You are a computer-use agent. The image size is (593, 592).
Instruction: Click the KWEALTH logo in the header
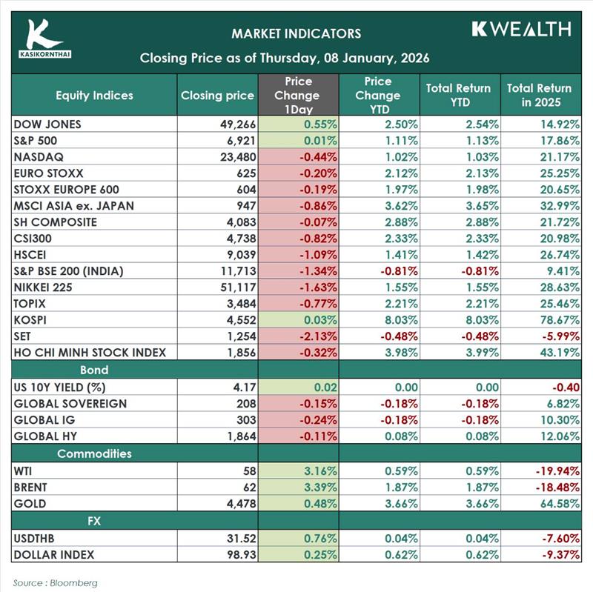tap(521, 29)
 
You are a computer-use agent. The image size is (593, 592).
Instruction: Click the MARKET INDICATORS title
tap(296, 33)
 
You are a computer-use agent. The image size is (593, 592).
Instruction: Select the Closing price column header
tap(217, 95)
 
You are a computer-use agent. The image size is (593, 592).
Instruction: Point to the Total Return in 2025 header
tap(540, 95)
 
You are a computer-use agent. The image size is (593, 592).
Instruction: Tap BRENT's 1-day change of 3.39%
tap(317, 488)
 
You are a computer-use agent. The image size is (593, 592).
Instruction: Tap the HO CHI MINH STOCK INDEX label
tap(90, 353)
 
